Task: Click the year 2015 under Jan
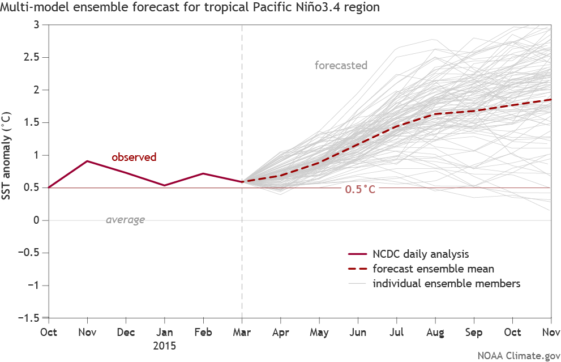(x=164, y=344)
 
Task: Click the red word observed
(x=134, y=157)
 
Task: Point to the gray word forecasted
(x=341, y=65)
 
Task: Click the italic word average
(x=125, y=220)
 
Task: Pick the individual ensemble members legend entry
(x=446, y=283)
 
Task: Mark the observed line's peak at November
(x=87, y=161)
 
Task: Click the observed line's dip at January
(x=164, y=185)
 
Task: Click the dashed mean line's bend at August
(x=435, y=114)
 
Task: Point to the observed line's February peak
(x=203, y=173)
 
